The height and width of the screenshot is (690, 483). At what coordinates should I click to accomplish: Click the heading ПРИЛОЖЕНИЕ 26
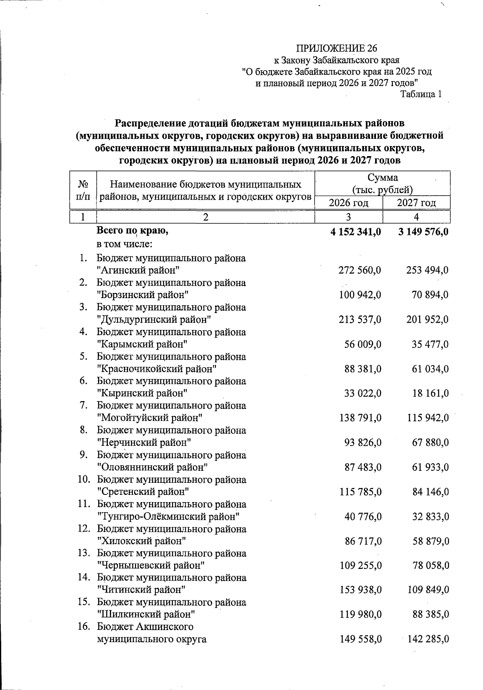[337, 49]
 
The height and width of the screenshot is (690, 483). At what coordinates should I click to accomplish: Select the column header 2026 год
[349, 203]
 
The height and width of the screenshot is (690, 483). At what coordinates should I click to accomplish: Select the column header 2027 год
[416, 203]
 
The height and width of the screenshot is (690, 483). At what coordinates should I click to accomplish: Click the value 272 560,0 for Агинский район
[360, 270]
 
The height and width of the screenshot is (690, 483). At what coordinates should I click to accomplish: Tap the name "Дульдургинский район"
[155, 320]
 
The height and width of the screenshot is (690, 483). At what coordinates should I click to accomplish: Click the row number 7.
[83, 406]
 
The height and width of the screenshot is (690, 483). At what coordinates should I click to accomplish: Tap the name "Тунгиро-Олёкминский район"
[169, 516]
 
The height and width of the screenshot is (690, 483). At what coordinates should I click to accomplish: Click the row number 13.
[83, 553]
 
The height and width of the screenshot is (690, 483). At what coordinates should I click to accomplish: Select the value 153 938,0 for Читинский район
[360, 590]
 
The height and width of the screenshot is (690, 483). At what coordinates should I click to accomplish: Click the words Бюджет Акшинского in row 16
[145, 627]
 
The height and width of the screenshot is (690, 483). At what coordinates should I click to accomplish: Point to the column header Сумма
[382, 177]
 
